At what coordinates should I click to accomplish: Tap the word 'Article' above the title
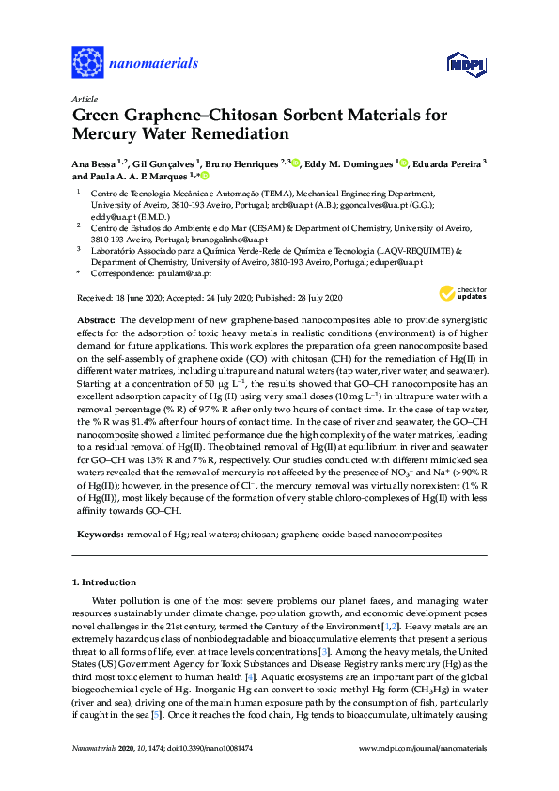[x=85, y=99]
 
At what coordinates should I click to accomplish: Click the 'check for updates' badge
[x=451, y=293]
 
